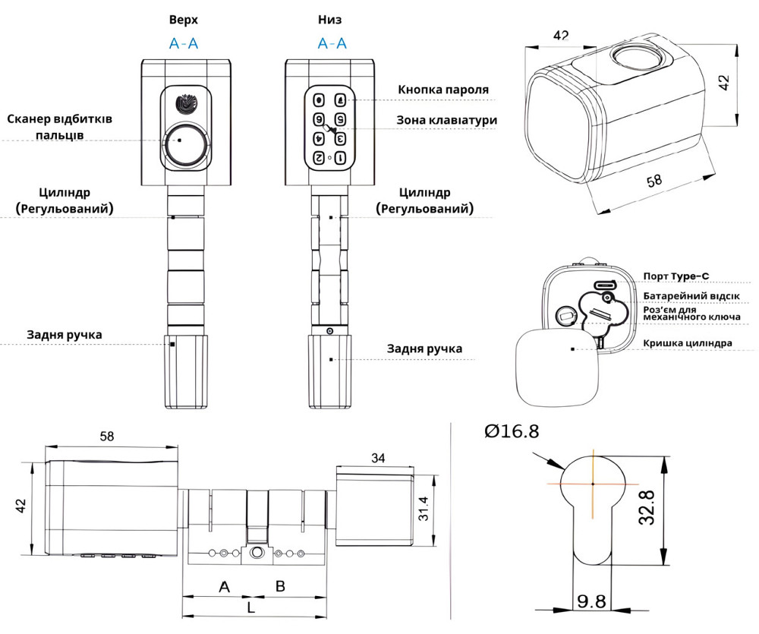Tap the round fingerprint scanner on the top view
click(x=182, y=142)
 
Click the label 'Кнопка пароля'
click(x=443, y=90)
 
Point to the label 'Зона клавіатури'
click(x=447, y=120)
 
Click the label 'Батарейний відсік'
click(x=691, y=296)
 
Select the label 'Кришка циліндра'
click(x=687, y=343)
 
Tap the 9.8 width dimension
click(x=591, y=602)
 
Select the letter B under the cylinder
click(x=279, y=586)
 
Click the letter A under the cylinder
click(x=224, y=586)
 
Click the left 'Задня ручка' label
click(x=64, y=335)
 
